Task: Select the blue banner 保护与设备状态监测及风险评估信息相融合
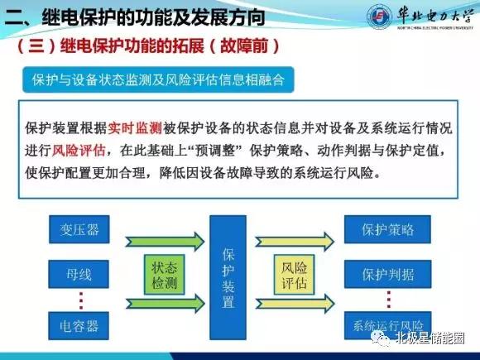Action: [156, 80]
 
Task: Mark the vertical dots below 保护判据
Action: [388, 296]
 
